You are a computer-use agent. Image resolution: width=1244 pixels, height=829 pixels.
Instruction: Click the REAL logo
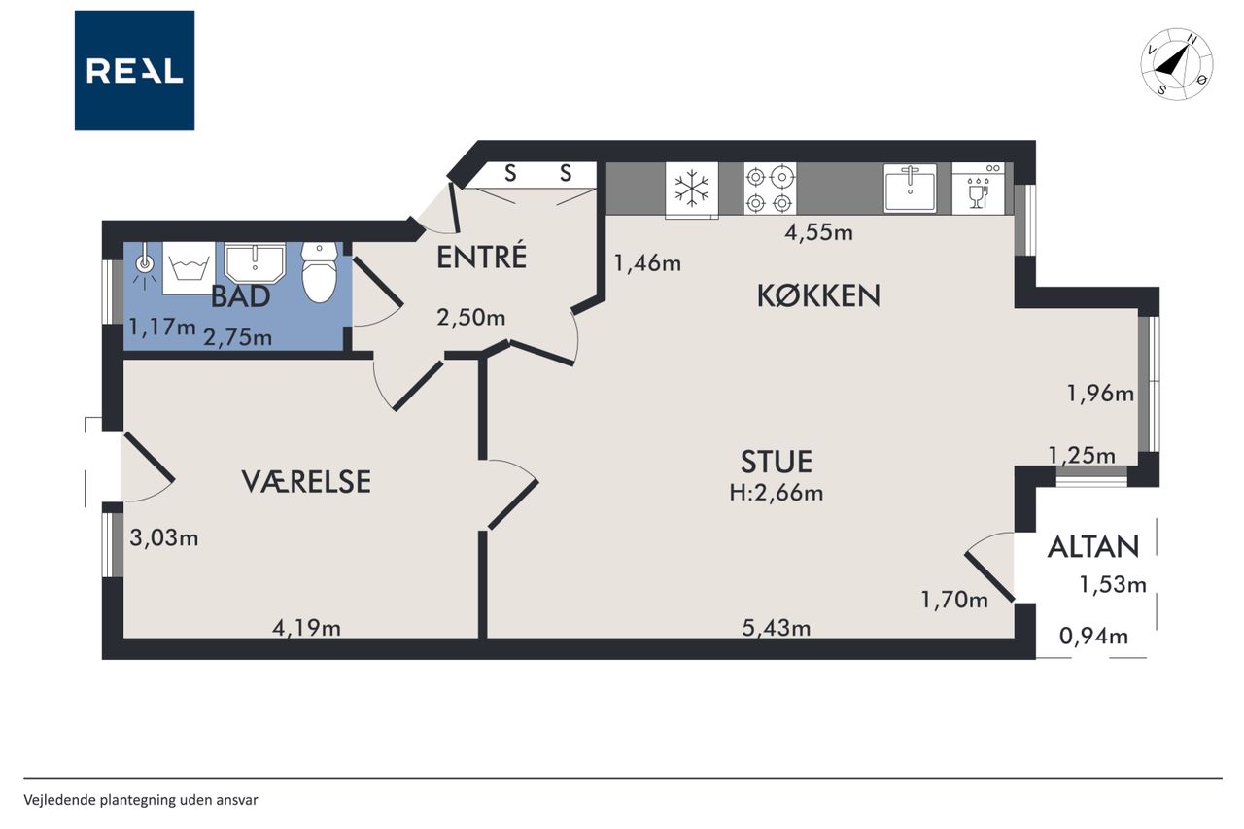point(134,71)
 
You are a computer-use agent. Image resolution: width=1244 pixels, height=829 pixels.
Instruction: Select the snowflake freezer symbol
point(691,189)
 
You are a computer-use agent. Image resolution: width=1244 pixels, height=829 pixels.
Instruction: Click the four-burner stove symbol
point(770,189)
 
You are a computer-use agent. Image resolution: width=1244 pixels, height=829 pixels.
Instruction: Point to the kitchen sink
point(911,189)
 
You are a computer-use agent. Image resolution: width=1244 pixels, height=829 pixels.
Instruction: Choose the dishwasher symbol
point(978,189)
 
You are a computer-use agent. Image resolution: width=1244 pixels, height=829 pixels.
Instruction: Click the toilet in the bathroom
point(320,272)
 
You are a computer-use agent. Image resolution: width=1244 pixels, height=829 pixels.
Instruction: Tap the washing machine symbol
point(189,267)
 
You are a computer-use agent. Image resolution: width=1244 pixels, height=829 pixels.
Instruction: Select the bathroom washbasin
point(255,262)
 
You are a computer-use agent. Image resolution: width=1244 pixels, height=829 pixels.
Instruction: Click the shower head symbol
point(144,266)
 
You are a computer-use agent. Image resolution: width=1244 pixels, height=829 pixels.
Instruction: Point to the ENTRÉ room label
point(481,258)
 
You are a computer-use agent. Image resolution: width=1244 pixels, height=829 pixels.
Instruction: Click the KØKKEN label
point(818,295)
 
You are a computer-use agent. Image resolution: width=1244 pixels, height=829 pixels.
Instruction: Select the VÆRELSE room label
point(306,481)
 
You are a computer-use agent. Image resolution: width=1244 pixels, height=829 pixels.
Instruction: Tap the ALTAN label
point(1093,547)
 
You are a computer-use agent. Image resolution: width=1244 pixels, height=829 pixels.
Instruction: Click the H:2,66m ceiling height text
point(776,493)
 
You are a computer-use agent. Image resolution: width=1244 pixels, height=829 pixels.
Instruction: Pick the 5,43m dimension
point(777,628)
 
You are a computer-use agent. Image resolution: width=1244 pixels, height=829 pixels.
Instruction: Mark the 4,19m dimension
point(306,628)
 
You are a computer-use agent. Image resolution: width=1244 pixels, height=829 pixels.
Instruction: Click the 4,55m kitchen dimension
point(818,232)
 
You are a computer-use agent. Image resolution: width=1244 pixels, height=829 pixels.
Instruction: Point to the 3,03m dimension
point(164,537)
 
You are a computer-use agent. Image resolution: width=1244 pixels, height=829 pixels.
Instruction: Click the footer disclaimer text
point(141,800)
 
